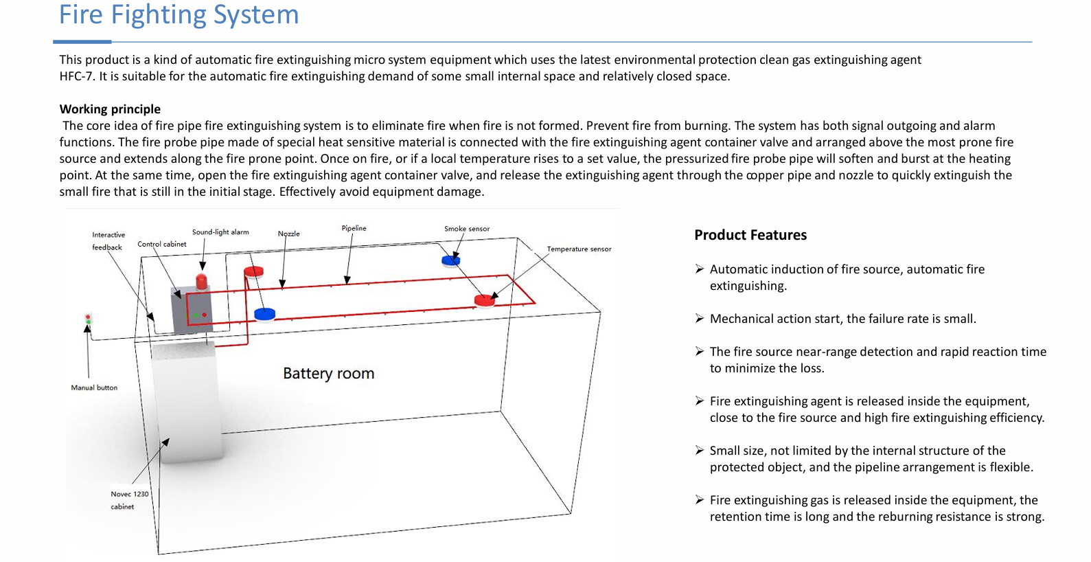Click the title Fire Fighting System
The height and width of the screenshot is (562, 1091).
[x=179, y=15]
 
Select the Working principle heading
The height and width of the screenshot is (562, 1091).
[x=110, y=109]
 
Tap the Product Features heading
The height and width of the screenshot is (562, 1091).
[x=750, y=235]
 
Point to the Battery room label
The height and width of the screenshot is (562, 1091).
[x=328, y=374]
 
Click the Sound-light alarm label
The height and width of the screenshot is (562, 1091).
[x=220, y=232]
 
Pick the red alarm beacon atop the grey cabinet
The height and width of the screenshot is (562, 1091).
[x=201, y=282]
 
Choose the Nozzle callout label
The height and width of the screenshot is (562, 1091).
[x=288, y=234]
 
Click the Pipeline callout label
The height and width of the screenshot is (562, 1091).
[x=354, y=228]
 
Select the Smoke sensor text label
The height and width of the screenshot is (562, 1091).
[x=467, y=229]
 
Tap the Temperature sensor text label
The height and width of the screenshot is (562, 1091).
[x=579, y=249]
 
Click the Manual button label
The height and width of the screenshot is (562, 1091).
[x=94, y=387]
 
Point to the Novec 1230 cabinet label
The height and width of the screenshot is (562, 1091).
[x=129, y=500]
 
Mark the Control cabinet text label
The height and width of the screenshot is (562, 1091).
[x=161, y=244]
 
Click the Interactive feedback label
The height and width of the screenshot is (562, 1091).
[x=108, y=241]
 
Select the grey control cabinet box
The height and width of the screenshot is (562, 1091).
[x=192, y=311]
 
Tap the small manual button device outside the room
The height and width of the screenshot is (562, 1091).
[x=88, y=319]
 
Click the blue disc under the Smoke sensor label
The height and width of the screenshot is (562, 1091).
[x=450, y=260]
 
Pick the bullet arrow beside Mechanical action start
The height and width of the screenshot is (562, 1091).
[x=699, y=318]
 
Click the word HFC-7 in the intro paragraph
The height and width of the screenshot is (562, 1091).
[x=76, y=76]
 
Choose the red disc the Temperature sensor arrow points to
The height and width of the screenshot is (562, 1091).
[x=485, y=300]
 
